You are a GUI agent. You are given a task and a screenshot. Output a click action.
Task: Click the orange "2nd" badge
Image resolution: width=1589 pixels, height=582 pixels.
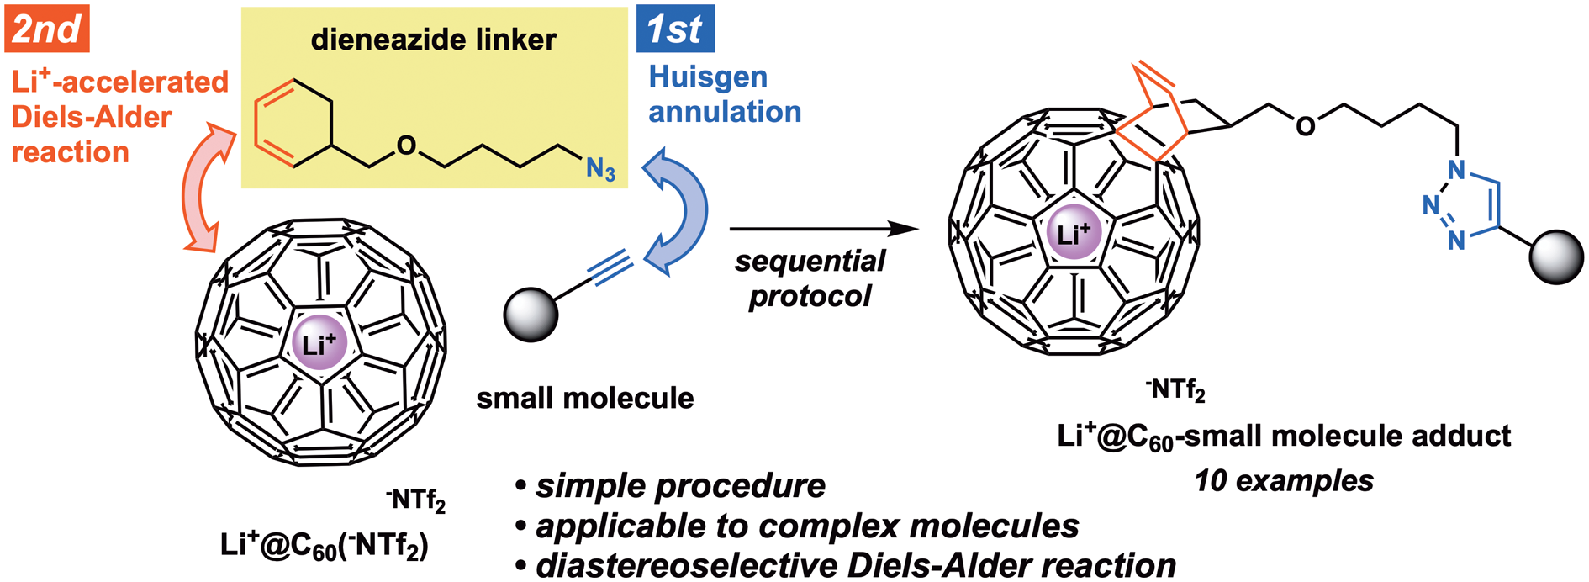click(x=47, y=29)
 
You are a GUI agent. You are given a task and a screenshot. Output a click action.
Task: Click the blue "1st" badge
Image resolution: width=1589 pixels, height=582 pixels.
click(x=675, y=29)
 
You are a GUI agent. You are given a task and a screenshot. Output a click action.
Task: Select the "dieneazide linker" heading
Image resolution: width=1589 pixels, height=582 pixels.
click(x=434, y=40)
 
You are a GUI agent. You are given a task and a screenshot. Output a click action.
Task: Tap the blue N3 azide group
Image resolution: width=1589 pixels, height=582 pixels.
click(x=600, y=169)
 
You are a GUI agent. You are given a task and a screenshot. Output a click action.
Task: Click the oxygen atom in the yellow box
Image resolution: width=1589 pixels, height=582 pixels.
click(x=406, y=146)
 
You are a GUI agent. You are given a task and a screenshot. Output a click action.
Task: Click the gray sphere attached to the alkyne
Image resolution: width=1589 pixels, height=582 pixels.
click(x=531, y=315)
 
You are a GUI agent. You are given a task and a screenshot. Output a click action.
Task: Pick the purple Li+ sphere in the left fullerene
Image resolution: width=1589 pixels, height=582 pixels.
click(x=319, y=343)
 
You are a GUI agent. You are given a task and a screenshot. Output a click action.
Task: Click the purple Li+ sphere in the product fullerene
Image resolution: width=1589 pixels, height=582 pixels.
click(x=1073, y=233)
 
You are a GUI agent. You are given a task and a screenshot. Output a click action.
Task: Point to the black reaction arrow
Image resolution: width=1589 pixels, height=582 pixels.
click(x=824, y=229)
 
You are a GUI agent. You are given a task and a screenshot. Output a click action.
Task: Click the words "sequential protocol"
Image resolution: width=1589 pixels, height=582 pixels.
click(x=810, y=278)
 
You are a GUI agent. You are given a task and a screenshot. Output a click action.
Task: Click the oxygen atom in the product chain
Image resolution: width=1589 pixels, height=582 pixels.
click(x=1305, y=126)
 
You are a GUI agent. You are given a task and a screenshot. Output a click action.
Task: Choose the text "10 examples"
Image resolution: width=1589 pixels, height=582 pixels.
click(x=1284, y=480)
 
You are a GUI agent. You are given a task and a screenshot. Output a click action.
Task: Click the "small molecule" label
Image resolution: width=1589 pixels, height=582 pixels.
click(x=585, y=398)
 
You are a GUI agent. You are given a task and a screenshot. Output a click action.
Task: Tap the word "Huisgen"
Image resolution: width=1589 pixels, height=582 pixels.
click(x=708, y=78)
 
